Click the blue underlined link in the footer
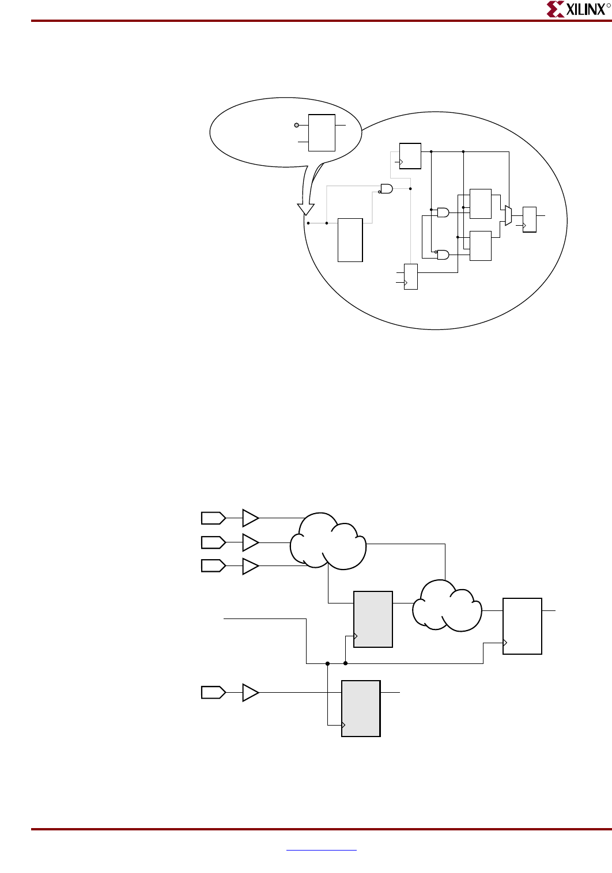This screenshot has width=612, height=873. [321, 849]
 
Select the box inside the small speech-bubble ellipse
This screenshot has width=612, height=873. [322, 132]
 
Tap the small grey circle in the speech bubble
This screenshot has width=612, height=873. [297, 125]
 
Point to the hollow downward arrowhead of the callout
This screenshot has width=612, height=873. [305, 208]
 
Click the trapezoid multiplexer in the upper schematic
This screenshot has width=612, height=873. [508, 215]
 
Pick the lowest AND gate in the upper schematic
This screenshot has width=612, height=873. [443, 255]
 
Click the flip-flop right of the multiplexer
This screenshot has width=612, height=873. [529, 219]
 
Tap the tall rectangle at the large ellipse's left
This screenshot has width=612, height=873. [350, 240]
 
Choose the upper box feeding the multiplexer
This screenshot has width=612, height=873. [480, 203]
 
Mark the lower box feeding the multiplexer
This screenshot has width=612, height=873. [480, 246]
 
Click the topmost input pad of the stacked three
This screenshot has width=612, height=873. [213, 518]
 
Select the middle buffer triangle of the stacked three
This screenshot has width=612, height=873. [250, 542]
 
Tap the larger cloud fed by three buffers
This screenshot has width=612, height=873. [328, 541]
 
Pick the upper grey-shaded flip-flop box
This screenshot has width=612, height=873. [373, 619]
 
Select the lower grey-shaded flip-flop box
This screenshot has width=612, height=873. [361, 708]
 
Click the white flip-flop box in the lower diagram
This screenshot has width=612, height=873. [522, 626]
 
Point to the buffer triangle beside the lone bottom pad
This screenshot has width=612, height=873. [250, 692]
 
